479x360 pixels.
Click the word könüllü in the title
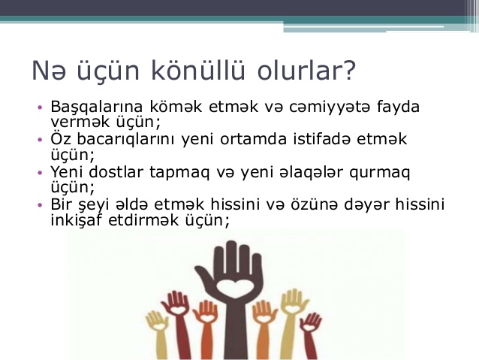tap(198, 70)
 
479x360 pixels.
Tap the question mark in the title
tap(350, 70)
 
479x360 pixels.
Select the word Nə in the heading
tap(49, 71)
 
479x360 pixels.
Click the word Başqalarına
tap(97, 107)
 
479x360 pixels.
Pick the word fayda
tap(398, 107)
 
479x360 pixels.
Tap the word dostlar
tap(116, 171)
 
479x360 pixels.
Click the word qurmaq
tap(379, 173)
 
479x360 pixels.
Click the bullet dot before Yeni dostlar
tap(40, 173)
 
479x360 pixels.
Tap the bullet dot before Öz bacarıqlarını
tap(40, 140)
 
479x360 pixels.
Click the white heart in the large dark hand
tap(234, 289)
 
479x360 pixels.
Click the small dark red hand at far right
tap(310, 334)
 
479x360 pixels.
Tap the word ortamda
tap(253, 138)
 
